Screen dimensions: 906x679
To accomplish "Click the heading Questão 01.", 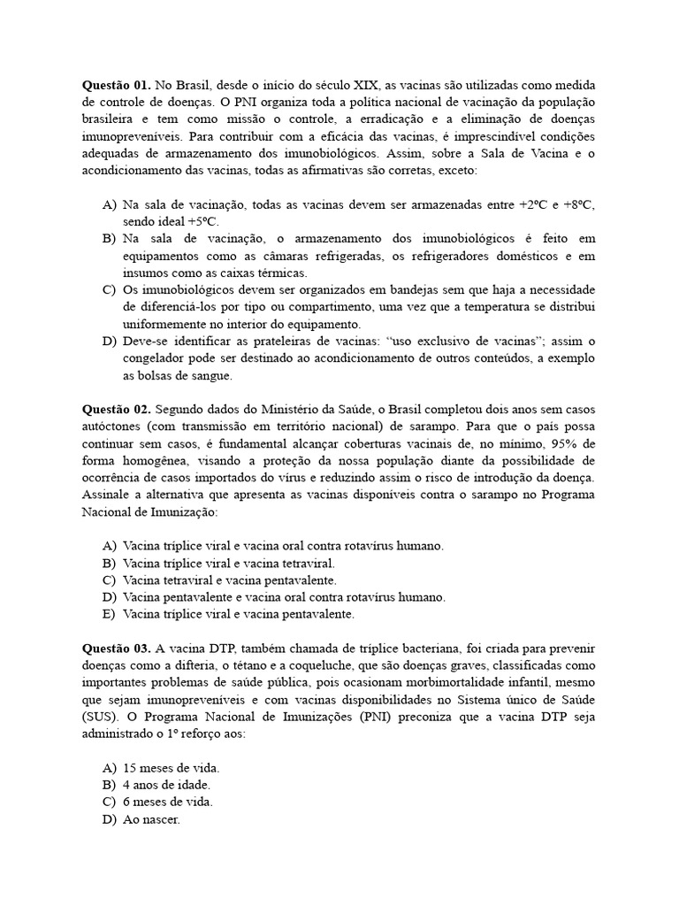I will pos(117,86).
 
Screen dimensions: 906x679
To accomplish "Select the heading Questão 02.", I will pos(117,410).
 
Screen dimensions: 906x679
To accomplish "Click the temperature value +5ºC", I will pos(202,221).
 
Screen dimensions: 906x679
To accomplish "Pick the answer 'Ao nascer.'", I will pos(151,819).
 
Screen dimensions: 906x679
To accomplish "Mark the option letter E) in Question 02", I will pos(109,613).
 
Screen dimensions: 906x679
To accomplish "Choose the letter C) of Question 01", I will pos(109,290).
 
